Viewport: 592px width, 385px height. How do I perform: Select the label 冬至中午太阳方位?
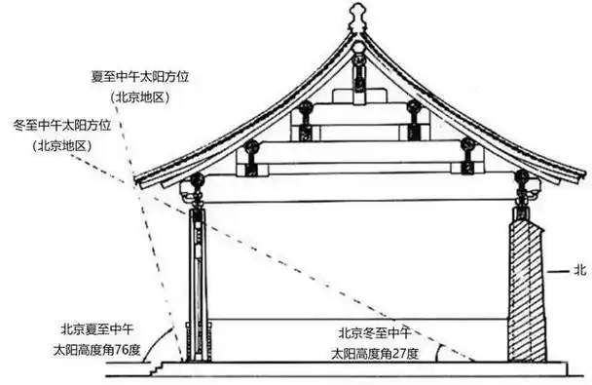click(x=74, y=125)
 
